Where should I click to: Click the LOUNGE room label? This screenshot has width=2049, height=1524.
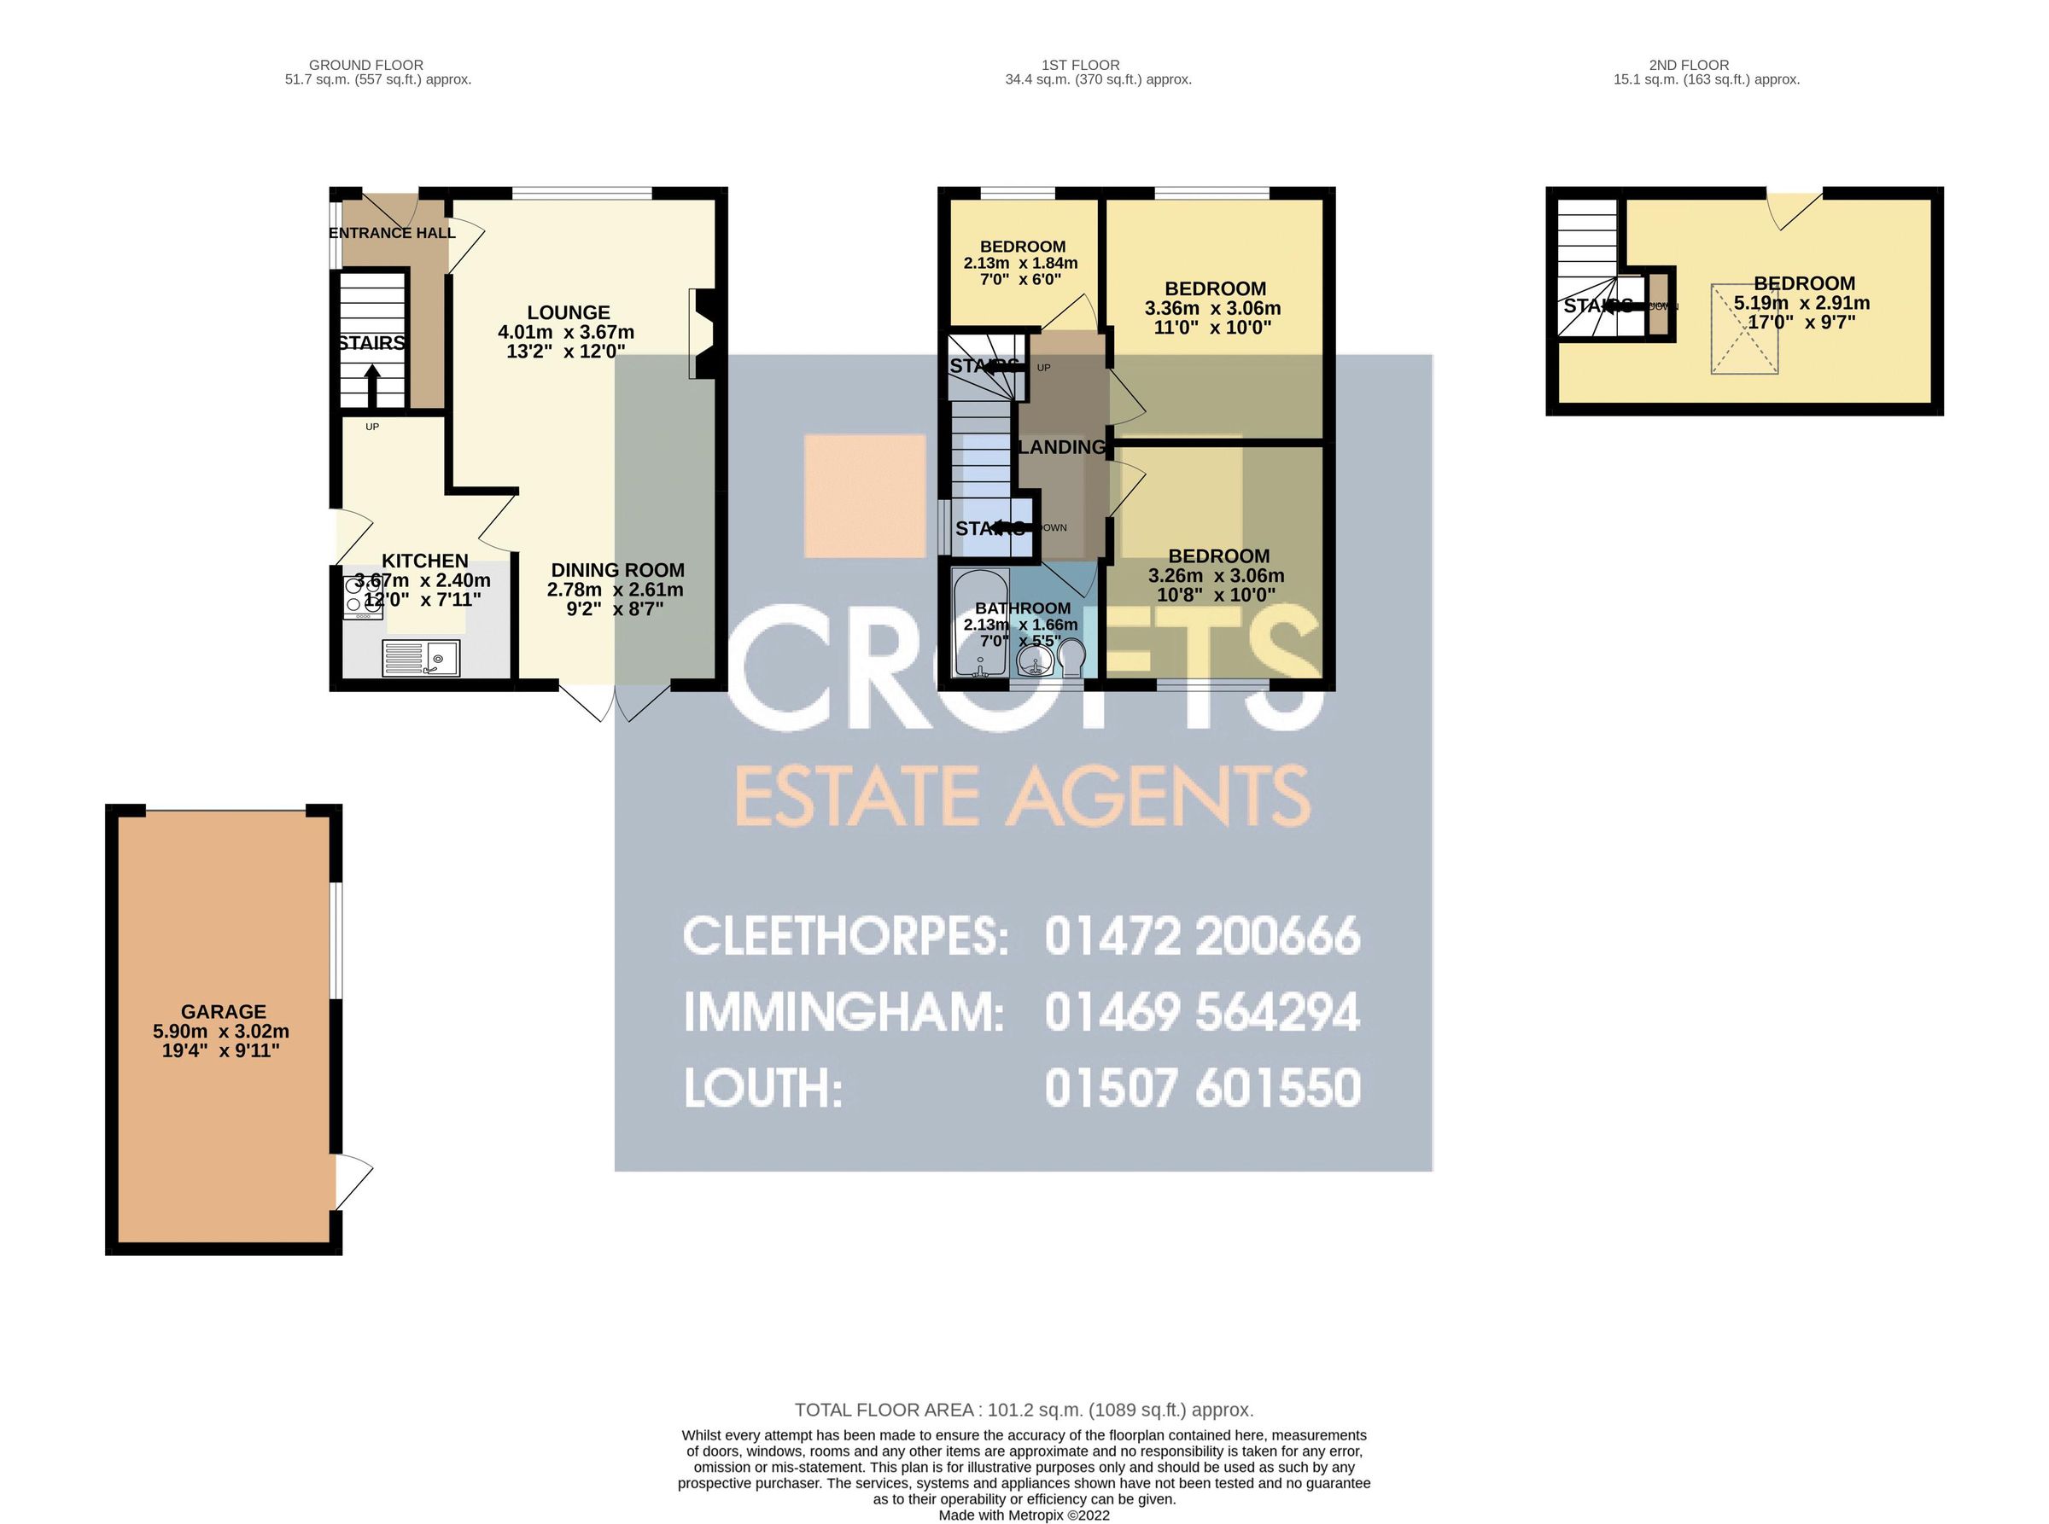tap(568, 312)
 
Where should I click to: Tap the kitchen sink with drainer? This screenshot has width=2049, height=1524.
tap(421, 659)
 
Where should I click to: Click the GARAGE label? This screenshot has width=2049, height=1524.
tap(224, 1012)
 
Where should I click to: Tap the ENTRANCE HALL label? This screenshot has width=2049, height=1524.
tap(392, 232)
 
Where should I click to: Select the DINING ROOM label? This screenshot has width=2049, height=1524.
tap(617, 570)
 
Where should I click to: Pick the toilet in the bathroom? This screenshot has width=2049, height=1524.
tap(1071, 660)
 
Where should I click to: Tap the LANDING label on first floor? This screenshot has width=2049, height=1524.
tap(1061, 447)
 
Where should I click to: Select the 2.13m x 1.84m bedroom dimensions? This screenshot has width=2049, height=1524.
tap(1021, 263)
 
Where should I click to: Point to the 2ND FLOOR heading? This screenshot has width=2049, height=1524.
tap(1689, 65)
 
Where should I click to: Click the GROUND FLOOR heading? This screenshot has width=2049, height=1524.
tap(365, 65)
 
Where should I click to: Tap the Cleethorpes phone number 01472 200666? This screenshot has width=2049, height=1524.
tap(1202, 935)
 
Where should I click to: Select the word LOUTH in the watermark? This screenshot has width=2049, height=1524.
tap(762, 1089)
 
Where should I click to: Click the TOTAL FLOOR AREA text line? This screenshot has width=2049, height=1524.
tap(1024, 1410)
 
